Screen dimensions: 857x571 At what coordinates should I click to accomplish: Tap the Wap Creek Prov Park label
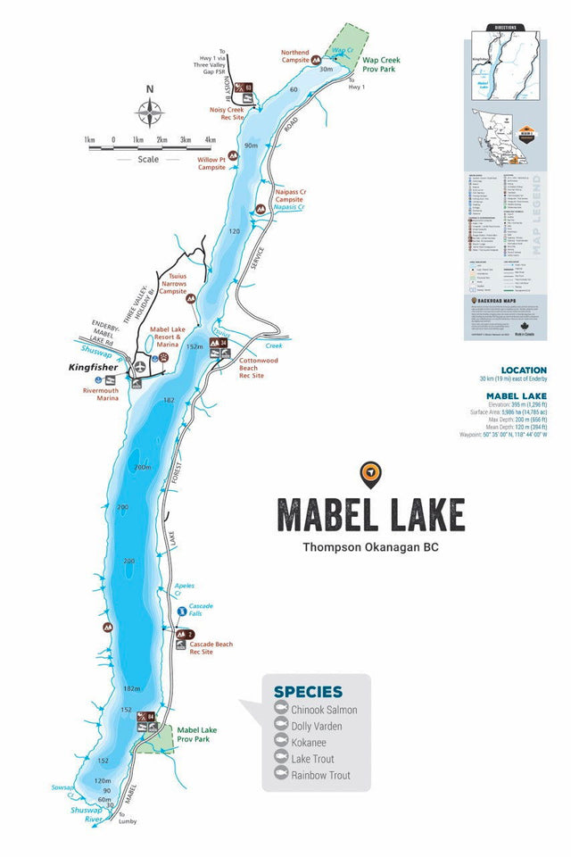(382, 65)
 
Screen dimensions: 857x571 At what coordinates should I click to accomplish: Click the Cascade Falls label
(201, 612)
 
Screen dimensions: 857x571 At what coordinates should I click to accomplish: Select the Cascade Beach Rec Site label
(212, 648)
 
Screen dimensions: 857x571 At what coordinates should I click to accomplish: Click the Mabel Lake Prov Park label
(196, 734)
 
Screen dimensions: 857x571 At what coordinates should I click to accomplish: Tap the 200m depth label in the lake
(142, 467)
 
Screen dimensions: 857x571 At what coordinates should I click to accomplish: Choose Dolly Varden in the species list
(317, 727)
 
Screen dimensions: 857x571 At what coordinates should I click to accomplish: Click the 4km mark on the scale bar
(210, 140)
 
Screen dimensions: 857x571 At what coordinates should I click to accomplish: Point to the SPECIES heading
(308, 691)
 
